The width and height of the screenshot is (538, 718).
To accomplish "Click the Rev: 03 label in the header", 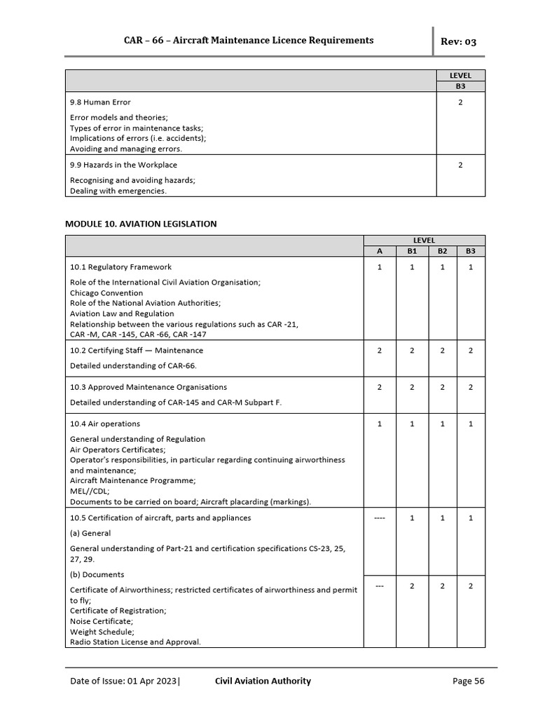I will (458, 42).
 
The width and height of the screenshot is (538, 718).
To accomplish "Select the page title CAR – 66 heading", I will (249, 41).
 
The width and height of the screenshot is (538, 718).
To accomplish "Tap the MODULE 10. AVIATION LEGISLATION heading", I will (141, 224).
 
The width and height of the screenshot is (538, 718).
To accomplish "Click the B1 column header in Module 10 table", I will (412, 251).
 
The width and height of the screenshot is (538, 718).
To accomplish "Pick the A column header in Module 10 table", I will (379, 251).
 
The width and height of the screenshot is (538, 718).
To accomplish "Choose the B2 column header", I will (442, 251).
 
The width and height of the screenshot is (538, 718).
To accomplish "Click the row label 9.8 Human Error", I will (100, 102).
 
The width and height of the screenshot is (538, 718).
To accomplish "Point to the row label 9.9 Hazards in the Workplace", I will (123, 165).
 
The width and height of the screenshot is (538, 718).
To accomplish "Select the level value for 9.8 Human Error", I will (460, 102).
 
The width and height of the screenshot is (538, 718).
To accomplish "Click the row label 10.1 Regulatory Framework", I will (120, 267).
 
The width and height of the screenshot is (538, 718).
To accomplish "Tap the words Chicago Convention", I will (106, 293).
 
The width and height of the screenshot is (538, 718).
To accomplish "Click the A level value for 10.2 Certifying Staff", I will (379, 351).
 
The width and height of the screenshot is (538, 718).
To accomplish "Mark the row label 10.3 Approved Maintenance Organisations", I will (149, 387).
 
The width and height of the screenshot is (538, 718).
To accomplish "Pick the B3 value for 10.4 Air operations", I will (470, 424).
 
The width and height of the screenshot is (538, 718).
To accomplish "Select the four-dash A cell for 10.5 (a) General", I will (379, 518).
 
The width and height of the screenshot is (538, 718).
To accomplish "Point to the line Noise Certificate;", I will (102, 621).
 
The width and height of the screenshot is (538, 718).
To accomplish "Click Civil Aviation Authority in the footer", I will (263, 681).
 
